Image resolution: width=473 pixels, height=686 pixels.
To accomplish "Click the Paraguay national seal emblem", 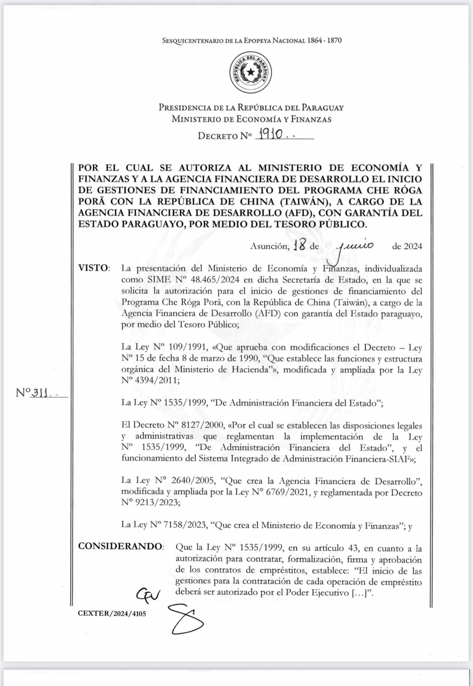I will click(251, 72).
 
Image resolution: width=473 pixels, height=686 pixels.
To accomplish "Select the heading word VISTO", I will click(93, 268).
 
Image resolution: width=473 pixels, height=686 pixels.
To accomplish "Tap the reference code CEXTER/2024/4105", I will click(112, 614).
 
